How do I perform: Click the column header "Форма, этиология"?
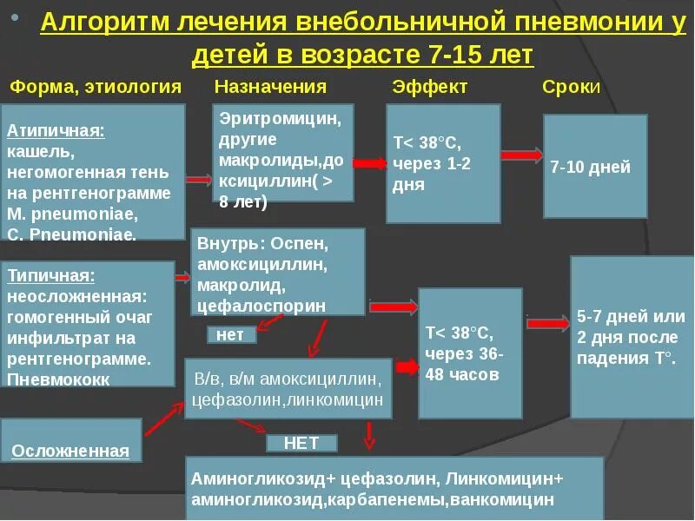pyautogui.click(x=96, y=87)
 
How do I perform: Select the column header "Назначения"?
pyautogui.click(x=270, y=87)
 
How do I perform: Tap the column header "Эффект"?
pyautogui.click(x=429, y=87)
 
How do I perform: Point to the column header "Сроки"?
pyautogui.click(x=571, y=87)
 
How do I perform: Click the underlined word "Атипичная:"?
pyautogui.click(x=56, y=131)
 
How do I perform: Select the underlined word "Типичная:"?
pyautogui.click(x=51, y=276)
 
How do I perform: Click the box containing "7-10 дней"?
pyautogui.click(x=595, y=166)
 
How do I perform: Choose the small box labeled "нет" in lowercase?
pyautogui.click(x=231, y=334)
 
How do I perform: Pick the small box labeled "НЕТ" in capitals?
pyautogui.click(x=301, y=443)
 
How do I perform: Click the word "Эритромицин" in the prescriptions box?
pyautogui.click(x=275, y=116)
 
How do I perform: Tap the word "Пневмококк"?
pyautogui.click(x=58, y=379)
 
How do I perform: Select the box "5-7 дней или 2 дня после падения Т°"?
pyautogui.click(x=632, y=337)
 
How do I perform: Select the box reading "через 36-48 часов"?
pyautogui.click(x=470, y=353)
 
